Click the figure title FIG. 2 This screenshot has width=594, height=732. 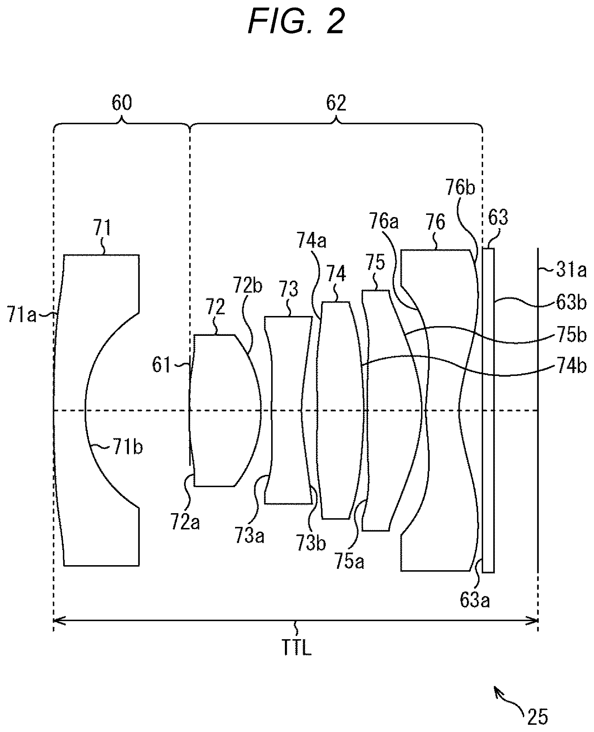coord(296,22)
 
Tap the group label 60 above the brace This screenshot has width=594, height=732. coord(122,103)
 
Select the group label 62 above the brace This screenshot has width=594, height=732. coord(336,103)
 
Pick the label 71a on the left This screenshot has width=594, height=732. coord(22,316)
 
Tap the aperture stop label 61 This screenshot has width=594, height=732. coord(161,365)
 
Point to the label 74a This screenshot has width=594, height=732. coord(311,241)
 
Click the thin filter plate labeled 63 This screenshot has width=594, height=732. coord(488,410)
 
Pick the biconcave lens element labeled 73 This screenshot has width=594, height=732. coord(289,410)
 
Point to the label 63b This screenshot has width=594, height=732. coord(571,303)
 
